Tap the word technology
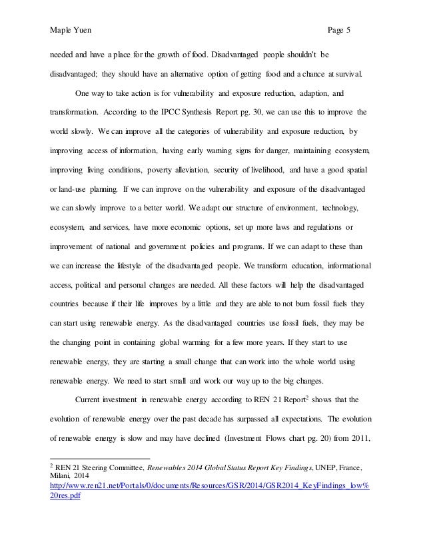338,208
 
